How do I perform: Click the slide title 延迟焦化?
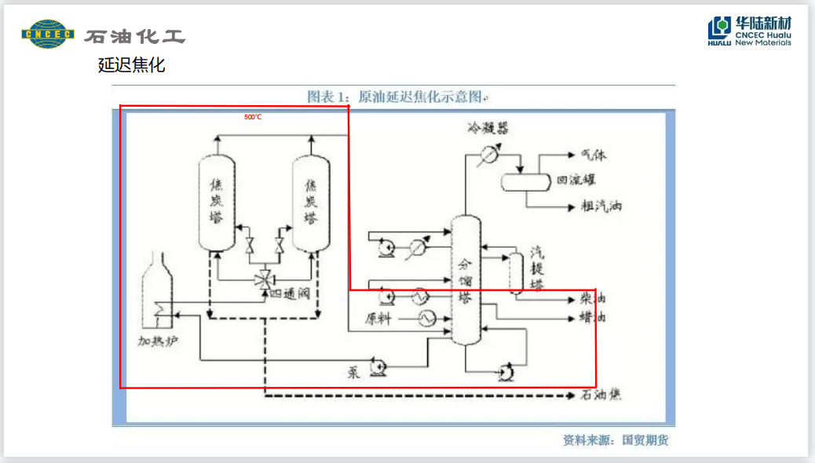coord(131,65)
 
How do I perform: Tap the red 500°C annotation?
coord(252,117)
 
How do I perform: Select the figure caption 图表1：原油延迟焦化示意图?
coord(397,97)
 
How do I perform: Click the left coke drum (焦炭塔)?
coord(217,201)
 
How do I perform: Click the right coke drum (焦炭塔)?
coord(311,201)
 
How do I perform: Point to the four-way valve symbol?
coord(265,279)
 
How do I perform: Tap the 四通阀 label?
coord(292,293)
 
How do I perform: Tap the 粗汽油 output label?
coord(601,206)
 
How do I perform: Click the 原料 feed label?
coord(381,319)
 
